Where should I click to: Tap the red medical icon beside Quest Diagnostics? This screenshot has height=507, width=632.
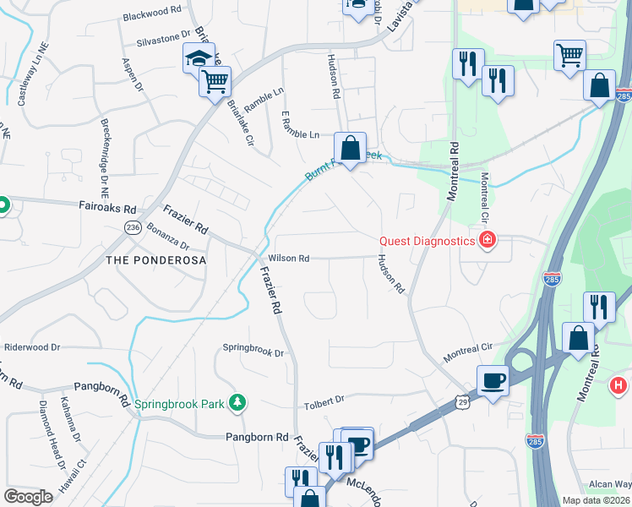pos(487,242)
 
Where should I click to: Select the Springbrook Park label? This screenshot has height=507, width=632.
pos(179,404)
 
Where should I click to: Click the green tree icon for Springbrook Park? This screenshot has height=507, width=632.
pos(238,403)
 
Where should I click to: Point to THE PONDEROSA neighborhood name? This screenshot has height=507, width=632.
pos(155,260)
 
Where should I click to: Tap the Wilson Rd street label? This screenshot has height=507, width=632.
pos(289,259)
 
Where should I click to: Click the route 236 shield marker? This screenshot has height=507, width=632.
pos(133,227)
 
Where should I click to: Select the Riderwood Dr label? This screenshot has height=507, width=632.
pos(33,347)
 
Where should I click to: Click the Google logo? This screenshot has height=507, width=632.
pos(28,497)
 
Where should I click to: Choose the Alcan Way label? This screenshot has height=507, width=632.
pos(609,484)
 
